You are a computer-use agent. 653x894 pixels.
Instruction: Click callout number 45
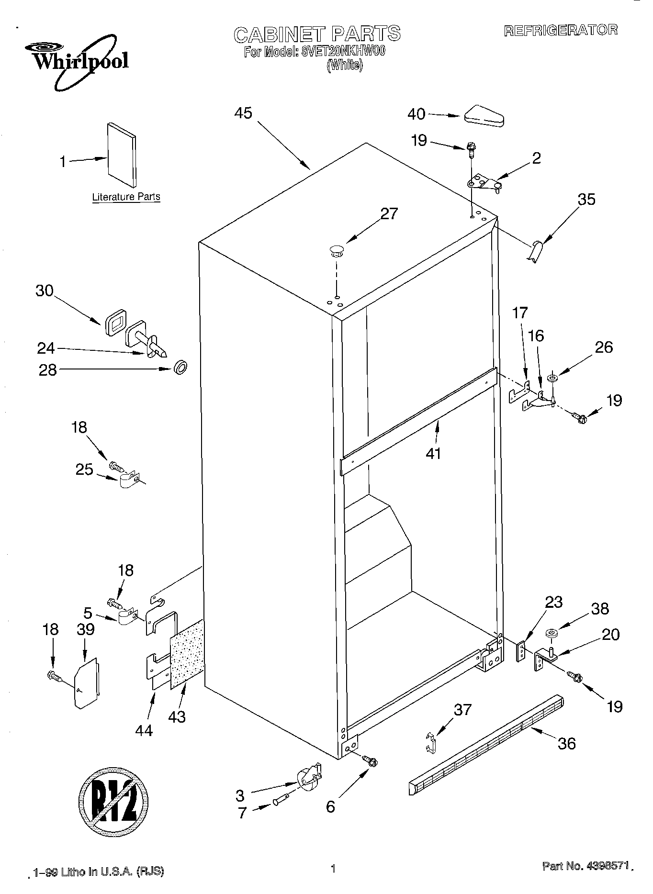[x=243, y=113]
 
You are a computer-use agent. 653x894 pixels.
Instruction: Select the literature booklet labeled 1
[x=122, y=155]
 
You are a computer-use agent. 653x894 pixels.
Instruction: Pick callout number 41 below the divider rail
[x=433, y=452]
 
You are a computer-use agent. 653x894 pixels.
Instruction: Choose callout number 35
[x=586, y=199]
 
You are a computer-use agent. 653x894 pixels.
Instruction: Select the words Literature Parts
[x=126, y=197]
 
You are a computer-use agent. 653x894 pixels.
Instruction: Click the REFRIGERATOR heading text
[x=561, y=30]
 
